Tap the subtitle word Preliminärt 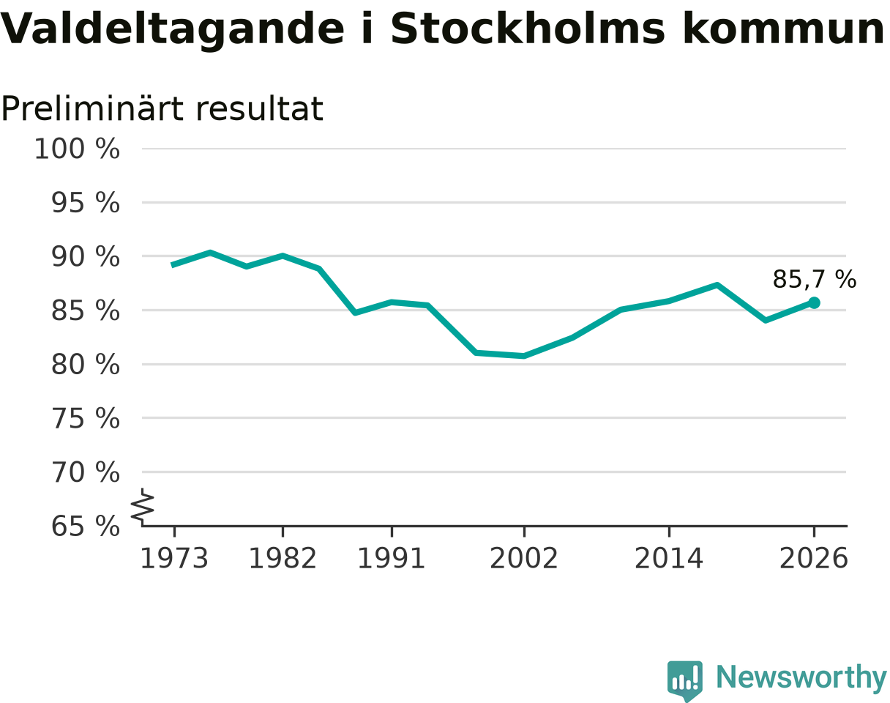91,108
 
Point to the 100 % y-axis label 77,149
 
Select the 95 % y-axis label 85,203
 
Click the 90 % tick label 85,256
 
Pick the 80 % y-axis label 85,365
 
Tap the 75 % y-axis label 85,418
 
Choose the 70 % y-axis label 85,472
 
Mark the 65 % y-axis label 85,527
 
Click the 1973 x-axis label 174,559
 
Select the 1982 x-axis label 283,559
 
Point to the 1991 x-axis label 392,559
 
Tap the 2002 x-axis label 524,559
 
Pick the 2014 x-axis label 669,559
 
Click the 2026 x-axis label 813,559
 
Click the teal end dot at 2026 814,303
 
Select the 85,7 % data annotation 815,279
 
